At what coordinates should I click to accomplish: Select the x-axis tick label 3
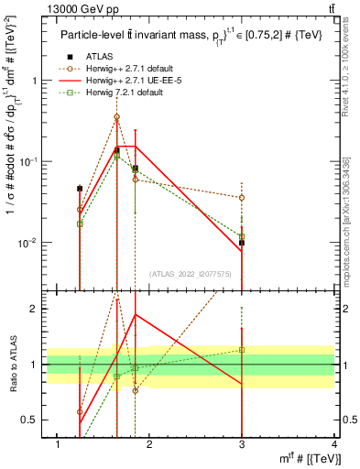tap(242, 444)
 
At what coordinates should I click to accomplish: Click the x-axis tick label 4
tap(334, 444)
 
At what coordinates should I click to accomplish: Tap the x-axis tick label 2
tap(149, 444)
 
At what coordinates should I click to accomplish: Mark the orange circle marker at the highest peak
tap(116, 117)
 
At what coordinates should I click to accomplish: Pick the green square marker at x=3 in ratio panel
tap(242, 350)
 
